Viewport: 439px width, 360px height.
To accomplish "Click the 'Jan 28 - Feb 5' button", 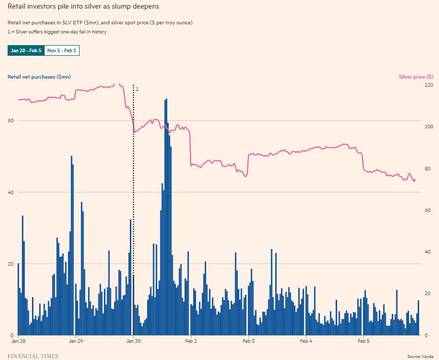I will coord(26,50).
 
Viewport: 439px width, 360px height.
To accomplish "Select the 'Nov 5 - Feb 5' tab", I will coord(62,50).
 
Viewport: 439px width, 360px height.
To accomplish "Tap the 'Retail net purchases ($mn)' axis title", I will coord(39,77).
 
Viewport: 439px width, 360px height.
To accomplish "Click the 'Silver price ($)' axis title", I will coord(416,77).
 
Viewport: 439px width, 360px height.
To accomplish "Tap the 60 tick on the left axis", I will coord(10,121).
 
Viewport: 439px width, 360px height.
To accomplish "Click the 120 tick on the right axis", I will coord(428,85).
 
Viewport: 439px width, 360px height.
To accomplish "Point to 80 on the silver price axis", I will coord(428,169).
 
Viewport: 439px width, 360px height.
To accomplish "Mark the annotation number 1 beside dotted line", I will coord(137,89).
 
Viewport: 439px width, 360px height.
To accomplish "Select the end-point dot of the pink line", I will coord(414,180).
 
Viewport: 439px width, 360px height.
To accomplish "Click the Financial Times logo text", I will coord(33,356).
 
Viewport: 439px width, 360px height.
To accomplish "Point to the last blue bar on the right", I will coord(418,318).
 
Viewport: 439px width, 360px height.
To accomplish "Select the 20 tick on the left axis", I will coord(10,264).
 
